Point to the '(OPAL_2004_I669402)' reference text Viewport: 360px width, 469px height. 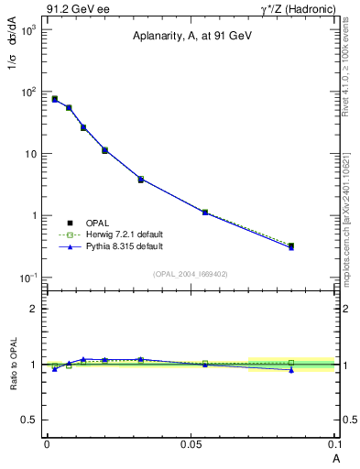[191, 274]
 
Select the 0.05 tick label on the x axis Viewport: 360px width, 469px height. [191, 442]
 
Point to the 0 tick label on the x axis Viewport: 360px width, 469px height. [47, 442]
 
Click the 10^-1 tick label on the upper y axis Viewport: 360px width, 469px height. [29, 278]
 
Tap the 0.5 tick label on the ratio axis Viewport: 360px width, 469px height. [32, 420]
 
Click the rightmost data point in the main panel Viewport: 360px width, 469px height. [291, 246]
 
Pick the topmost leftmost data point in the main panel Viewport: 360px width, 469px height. [55, 99]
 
